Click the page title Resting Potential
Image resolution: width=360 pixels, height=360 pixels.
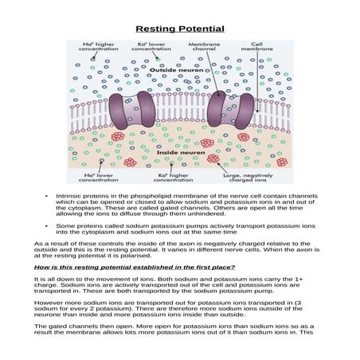click(179, 29)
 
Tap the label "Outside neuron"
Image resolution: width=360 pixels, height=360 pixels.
click(174, 71)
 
